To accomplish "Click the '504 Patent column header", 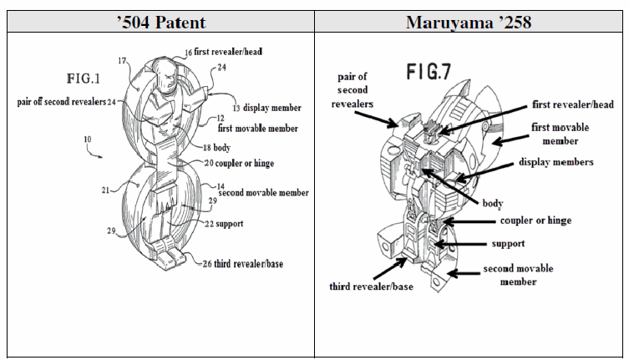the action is click(x=161, y=22).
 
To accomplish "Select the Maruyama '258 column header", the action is click(x=469, y=22).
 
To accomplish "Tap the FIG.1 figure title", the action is click(x=83, y=79).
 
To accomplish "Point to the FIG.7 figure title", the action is click(x=429, y=72).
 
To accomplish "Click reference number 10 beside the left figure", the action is click(x=88, y=139).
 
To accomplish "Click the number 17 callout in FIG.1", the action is click(x=122, y=61).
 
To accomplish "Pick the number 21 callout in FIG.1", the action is click(x=105, y=190).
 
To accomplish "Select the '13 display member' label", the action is click(x=267, y=108).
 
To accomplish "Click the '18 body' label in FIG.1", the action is click(x=216, y=148).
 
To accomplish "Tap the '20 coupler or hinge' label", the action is click(x=239, y=164).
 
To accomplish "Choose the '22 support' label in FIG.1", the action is click(x=224, y=224).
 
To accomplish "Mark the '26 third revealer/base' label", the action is click(x=243, y=264).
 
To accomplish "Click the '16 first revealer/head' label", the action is click(x=223, y=52).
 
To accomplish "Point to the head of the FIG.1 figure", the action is click(x=165, y=74).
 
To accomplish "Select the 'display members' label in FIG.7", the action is click(x=556, y=162).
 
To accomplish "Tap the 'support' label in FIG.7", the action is click(x=508, y=244).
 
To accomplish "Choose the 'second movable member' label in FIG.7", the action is click(x=518, y=275).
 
